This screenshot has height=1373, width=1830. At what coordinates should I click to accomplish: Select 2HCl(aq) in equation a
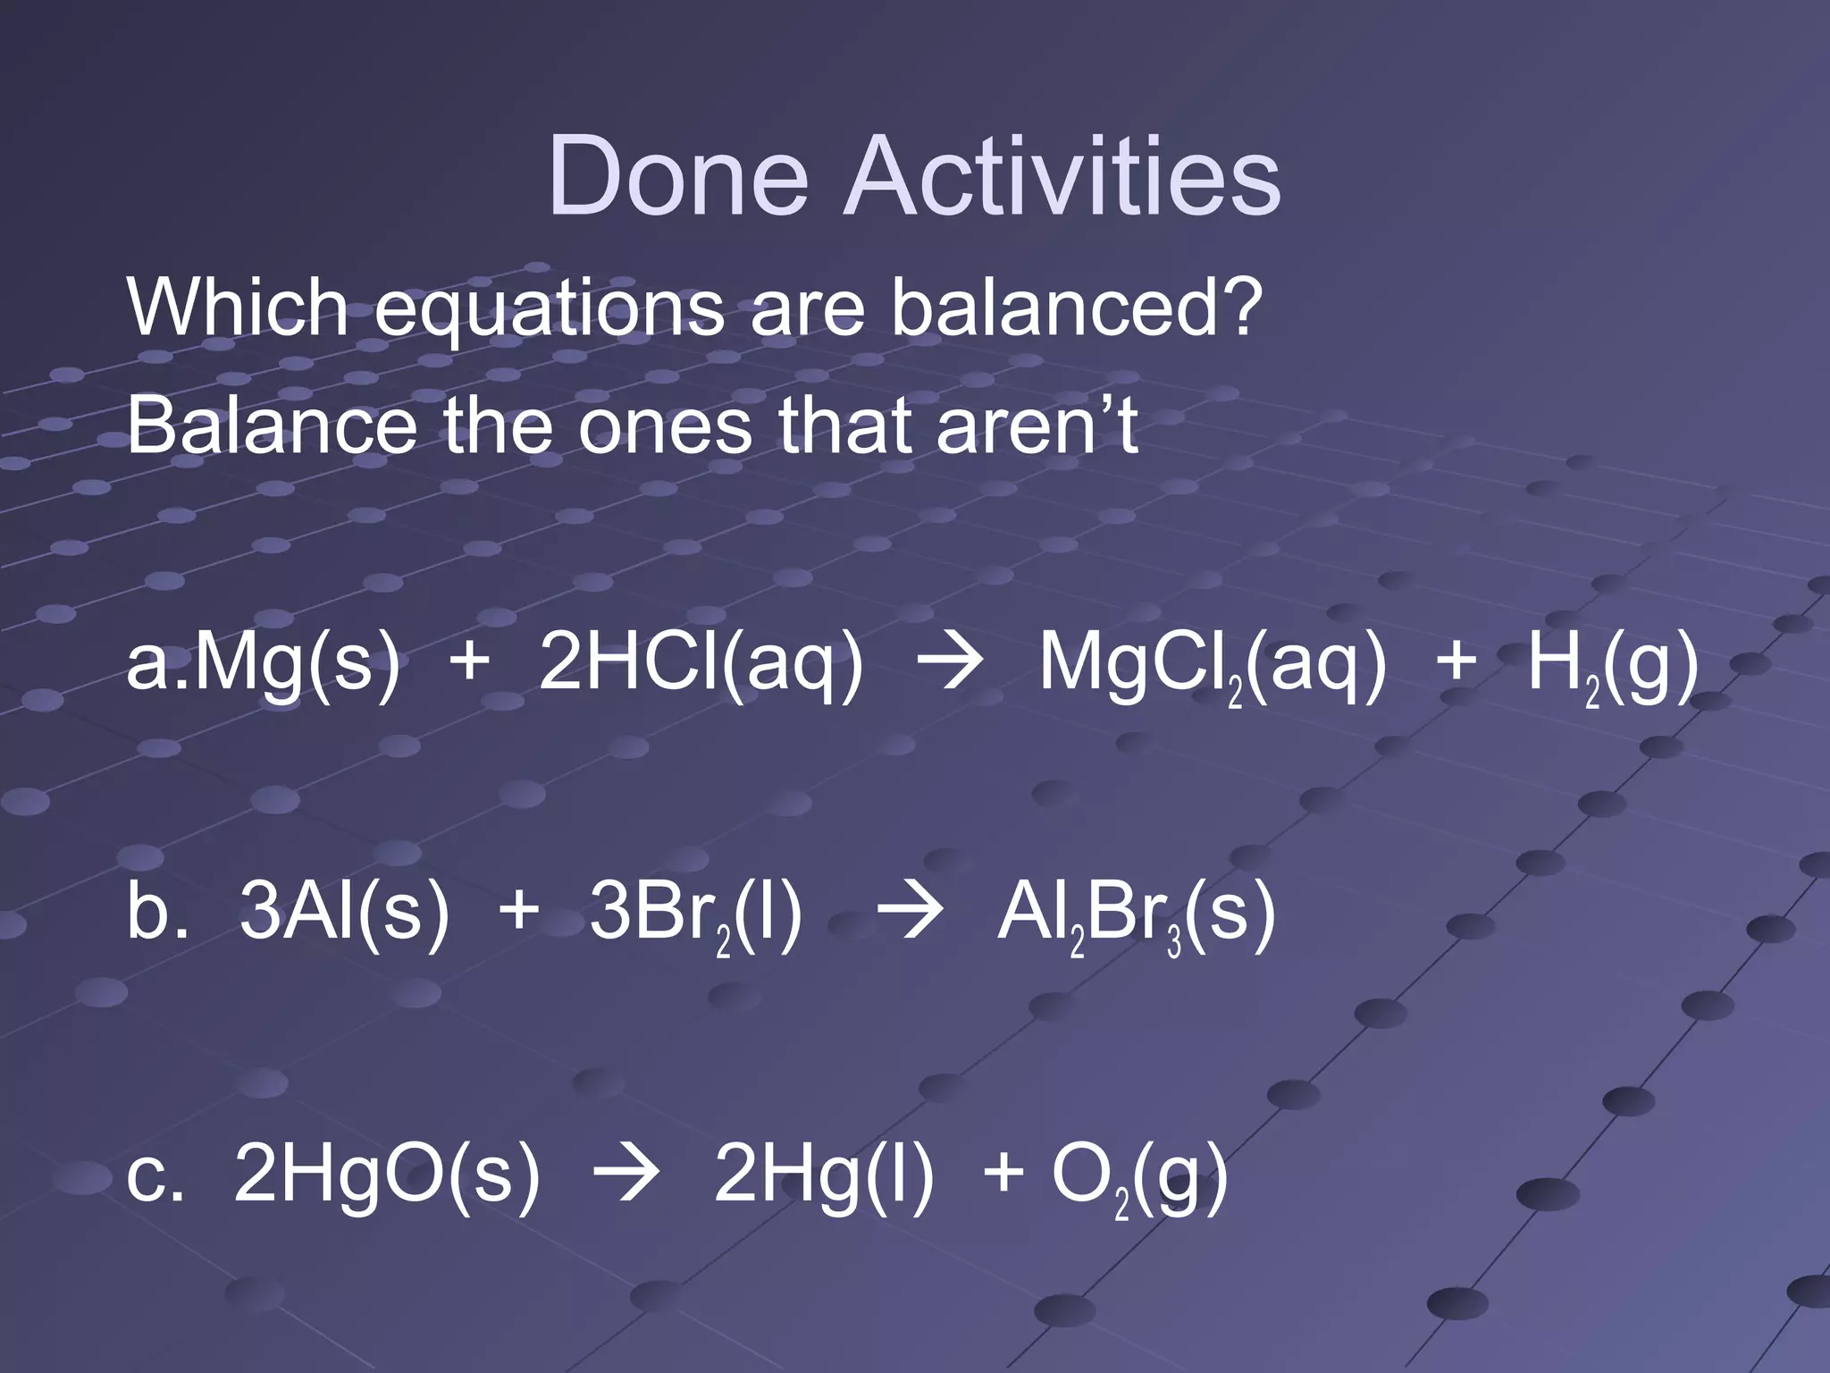coord(701,666)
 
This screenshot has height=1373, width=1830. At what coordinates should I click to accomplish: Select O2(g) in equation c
coord(1138,1175)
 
